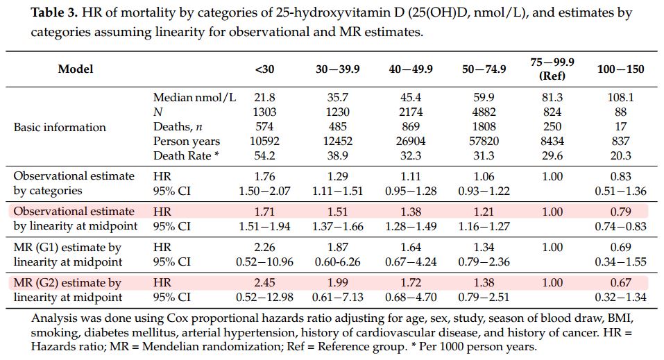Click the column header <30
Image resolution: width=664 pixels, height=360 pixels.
tap(264, 69)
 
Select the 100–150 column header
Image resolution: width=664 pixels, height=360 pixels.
tap(620, 69)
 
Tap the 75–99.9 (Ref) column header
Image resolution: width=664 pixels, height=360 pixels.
tap(552, 69)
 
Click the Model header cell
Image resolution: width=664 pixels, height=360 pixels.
tap(75, 69)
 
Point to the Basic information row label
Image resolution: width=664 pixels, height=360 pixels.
tap(60, 127)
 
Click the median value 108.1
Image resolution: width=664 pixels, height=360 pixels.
tap(620, 98)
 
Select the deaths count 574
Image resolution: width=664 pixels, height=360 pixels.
tap(264, 127)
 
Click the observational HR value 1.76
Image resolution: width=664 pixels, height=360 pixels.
tap(264, 176)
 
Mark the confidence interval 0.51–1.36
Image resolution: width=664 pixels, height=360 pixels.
tap(620, 191)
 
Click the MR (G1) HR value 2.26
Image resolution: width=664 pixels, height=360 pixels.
tap(264, 248)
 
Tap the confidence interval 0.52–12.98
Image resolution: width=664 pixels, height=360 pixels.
tap(264, 298)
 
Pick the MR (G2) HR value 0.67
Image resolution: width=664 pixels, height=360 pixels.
tap(620, 283)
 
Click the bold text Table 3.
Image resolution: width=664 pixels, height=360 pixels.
tap(55, 13)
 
